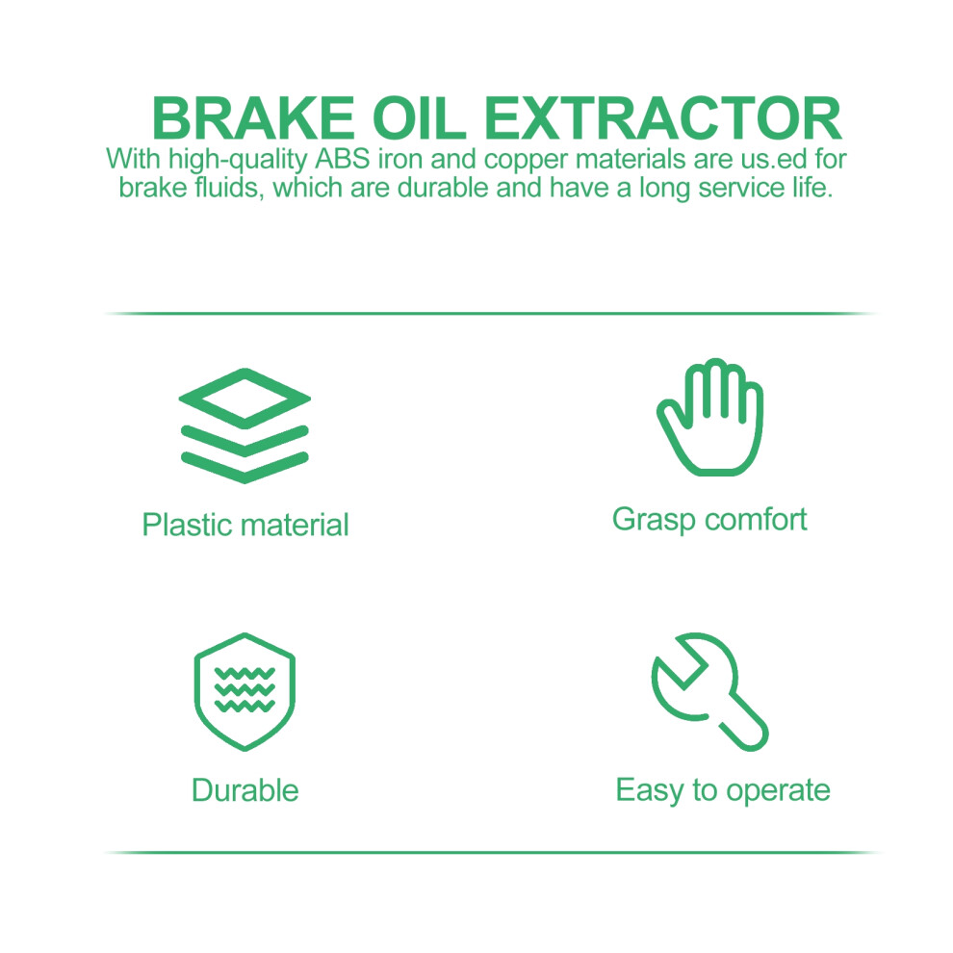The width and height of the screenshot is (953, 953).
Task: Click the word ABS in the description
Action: pos(342,159)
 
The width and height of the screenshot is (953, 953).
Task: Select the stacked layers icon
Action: pos(245,425)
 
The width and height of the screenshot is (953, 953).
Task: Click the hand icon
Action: pos(709,417)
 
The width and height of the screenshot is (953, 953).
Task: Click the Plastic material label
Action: pos(245,526)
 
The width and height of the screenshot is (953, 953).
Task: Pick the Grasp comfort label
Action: pos(709,520)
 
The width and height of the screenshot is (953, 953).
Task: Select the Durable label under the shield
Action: pos(245,790)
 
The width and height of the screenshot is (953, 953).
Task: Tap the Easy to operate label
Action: pos(723,791)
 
